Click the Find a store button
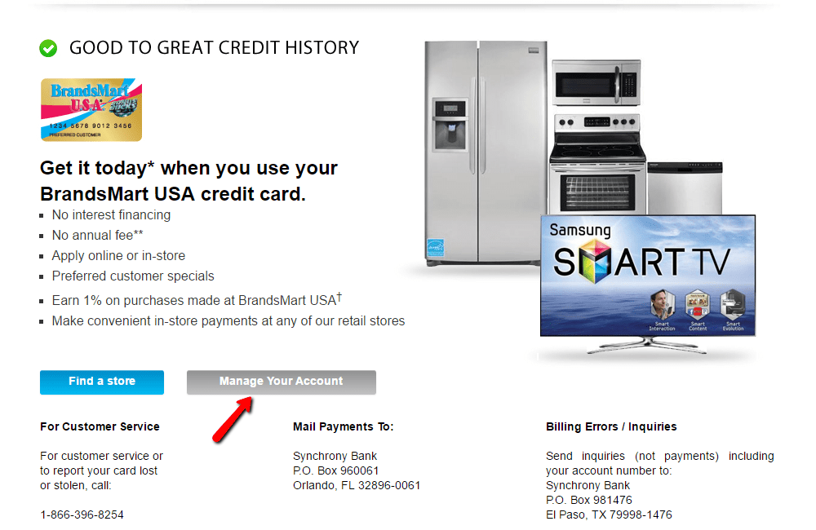[102, 382]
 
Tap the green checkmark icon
[48, 49]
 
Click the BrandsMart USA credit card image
[91, 110]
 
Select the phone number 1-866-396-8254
[82, 515]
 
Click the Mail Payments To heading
[343, 426]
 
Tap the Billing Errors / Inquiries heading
[611, 426]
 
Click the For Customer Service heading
[100, 426]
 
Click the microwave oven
[596, 84]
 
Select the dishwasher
[685, 188]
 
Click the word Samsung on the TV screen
[579, 230]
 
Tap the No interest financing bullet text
[111, 215]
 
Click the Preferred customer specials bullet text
[133, 276]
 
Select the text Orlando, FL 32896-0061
[357, 485]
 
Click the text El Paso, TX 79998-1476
[609, 515]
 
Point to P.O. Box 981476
[589, 500]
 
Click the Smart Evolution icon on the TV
[733, 311]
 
